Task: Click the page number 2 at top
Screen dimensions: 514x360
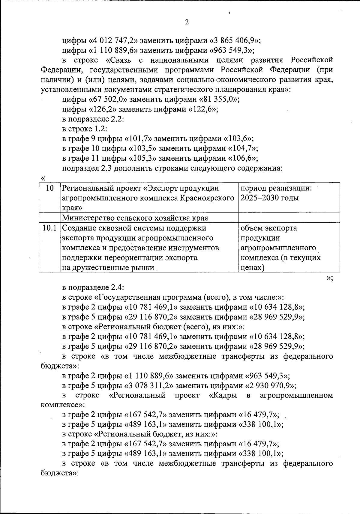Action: click(x=187, y=22)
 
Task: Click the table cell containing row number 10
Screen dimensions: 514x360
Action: click(x=49, y=188)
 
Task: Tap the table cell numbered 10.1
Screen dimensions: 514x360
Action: click(x=49, y=228)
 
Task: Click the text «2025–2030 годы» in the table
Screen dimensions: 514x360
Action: click(x=270, y=198)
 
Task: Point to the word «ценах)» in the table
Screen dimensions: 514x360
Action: click(x=252, y=268)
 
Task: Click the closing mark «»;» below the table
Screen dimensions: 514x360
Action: click(x=329, y=278)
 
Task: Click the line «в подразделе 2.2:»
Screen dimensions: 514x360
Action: click(x=93, y=119)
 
